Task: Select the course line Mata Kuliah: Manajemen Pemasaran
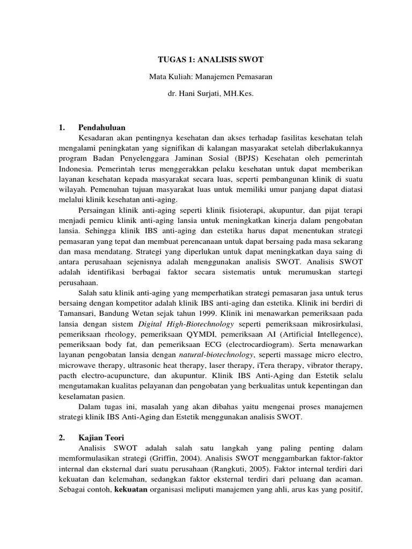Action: click(x=211, y=77)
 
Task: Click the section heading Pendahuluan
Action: click(x=101, y=128)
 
